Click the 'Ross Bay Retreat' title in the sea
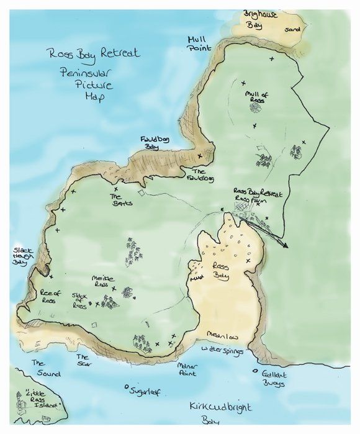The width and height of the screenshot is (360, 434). coord(93,54)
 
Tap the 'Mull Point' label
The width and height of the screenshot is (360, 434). coord(199,43)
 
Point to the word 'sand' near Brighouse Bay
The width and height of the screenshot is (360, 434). coord(291,29)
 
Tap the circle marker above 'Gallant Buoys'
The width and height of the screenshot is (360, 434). coord(255,373)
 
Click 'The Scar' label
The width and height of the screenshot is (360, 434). coord(83,360)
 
